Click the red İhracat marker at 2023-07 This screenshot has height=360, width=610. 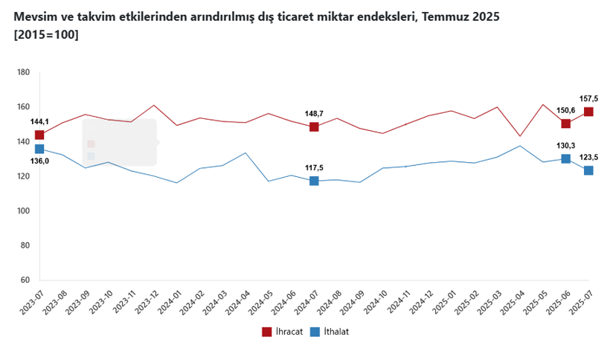point(39,135)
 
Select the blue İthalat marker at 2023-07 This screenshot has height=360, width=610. point(39,149)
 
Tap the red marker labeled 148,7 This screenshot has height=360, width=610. point(314,126)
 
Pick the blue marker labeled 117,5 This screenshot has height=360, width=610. point(314,181)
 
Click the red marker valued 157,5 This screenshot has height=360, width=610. point(588,112)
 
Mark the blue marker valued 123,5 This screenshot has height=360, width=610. point(588,170)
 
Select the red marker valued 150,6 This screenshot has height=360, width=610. point(566,123)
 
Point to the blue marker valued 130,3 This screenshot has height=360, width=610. point(566,158)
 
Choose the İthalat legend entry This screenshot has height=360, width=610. point(330,332)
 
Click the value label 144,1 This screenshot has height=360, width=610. point(39,122)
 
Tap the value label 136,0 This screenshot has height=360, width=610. point(39,161)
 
